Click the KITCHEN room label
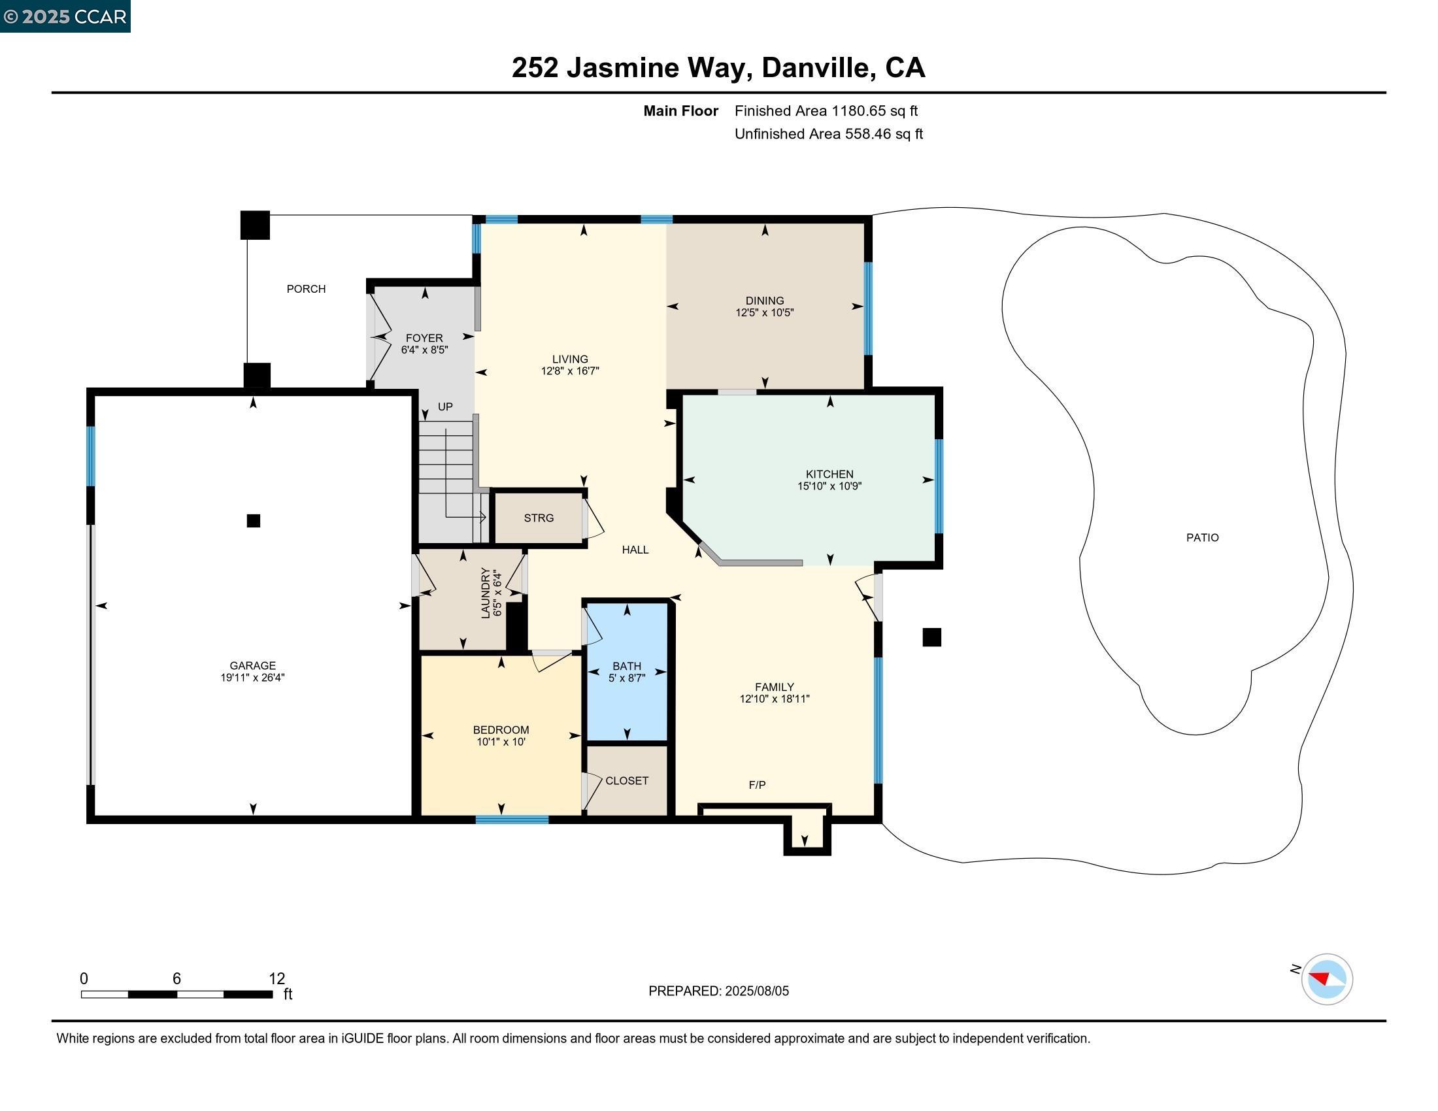tap(829, 474)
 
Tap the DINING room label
tap(765, 301)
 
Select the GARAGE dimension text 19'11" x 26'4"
tap(253, 677)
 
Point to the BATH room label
tap(627, 666)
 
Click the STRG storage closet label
tap(539, 518)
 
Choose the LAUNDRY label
tap(486, 592)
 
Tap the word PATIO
tap(1202, 538)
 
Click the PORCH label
tap(306, 289)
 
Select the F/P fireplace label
tap(757, 785)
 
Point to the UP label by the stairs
tap(445, 406)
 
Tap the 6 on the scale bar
tap(176, 979)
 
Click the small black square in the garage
tap(254, 521)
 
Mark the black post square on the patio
tap(931, 637)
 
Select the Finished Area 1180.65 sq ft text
tap(826, 111)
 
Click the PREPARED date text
tap(718, 991)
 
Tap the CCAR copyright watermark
tap(65, 16)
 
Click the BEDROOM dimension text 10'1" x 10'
tap(501, 742)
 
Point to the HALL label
tap(635, 550)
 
